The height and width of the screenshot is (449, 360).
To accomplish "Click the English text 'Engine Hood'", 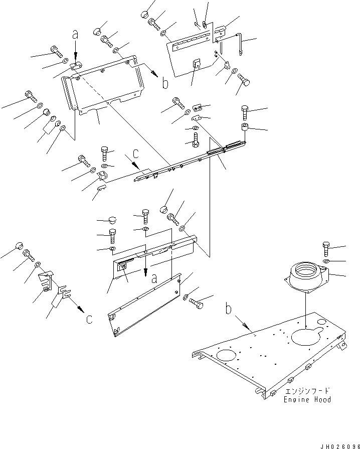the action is [307, 399].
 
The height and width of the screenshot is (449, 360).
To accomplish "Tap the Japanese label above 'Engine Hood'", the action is [307, 391].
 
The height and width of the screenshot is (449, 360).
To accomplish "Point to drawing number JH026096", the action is [339, 446].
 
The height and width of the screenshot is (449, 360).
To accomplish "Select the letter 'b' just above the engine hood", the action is [228, 309].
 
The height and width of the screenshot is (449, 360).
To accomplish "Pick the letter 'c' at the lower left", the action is [89, 319].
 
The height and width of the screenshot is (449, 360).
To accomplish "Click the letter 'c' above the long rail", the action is [136, 154].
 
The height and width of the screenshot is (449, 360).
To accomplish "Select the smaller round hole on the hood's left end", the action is [228, 355].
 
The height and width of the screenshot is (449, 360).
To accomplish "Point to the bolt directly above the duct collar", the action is [326, 248].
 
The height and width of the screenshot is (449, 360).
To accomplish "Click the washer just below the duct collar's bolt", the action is [326, 261].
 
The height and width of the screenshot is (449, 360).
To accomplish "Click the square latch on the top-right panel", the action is [197, 63].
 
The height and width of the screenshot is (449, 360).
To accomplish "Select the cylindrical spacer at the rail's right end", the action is [245, 126].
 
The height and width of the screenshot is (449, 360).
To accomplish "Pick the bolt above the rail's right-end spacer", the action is [245, 112].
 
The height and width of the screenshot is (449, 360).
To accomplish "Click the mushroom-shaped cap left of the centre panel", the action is [112, 221].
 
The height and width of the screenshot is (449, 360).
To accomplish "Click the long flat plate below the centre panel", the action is [144, 305].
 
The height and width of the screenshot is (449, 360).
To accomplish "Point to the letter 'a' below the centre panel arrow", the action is [154, 278].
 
